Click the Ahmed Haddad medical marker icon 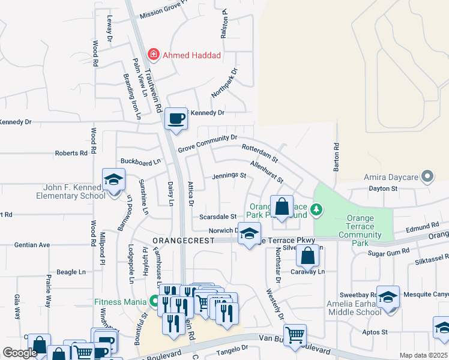(x=154, y=55)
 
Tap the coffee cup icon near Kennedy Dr (x=176, y=119)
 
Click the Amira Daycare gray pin (x=427, y=176)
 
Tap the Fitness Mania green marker (x=155, y=301)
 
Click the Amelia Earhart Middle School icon (x=388, y=298)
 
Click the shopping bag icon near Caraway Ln (x=307, y=256)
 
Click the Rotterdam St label (x=259, y=152)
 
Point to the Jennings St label (x=229, y=176)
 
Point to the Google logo (x=20, y=353)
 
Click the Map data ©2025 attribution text (x=423, y=355)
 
